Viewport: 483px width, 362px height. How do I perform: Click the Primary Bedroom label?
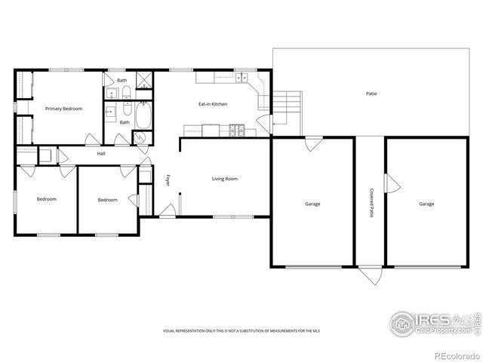(63, 109)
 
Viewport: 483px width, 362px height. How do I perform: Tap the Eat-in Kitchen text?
(213, 104)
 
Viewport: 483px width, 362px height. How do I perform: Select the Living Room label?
(224, 179)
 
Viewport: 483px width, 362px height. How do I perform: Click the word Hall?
(100, 154)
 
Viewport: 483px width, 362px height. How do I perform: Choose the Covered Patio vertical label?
(371, 203)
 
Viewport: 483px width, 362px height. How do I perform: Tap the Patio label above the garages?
(371, 94)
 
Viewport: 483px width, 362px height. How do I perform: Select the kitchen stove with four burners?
(237, 130)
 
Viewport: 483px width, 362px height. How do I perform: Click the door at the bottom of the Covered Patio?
(370, 275)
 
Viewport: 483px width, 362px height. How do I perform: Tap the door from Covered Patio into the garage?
(390, 183)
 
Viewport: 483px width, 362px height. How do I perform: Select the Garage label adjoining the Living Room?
(312, 204)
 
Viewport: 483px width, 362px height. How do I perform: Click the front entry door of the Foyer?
(167, 210)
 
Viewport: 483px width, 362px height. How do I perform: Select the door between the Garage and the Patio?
(311, 143)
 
